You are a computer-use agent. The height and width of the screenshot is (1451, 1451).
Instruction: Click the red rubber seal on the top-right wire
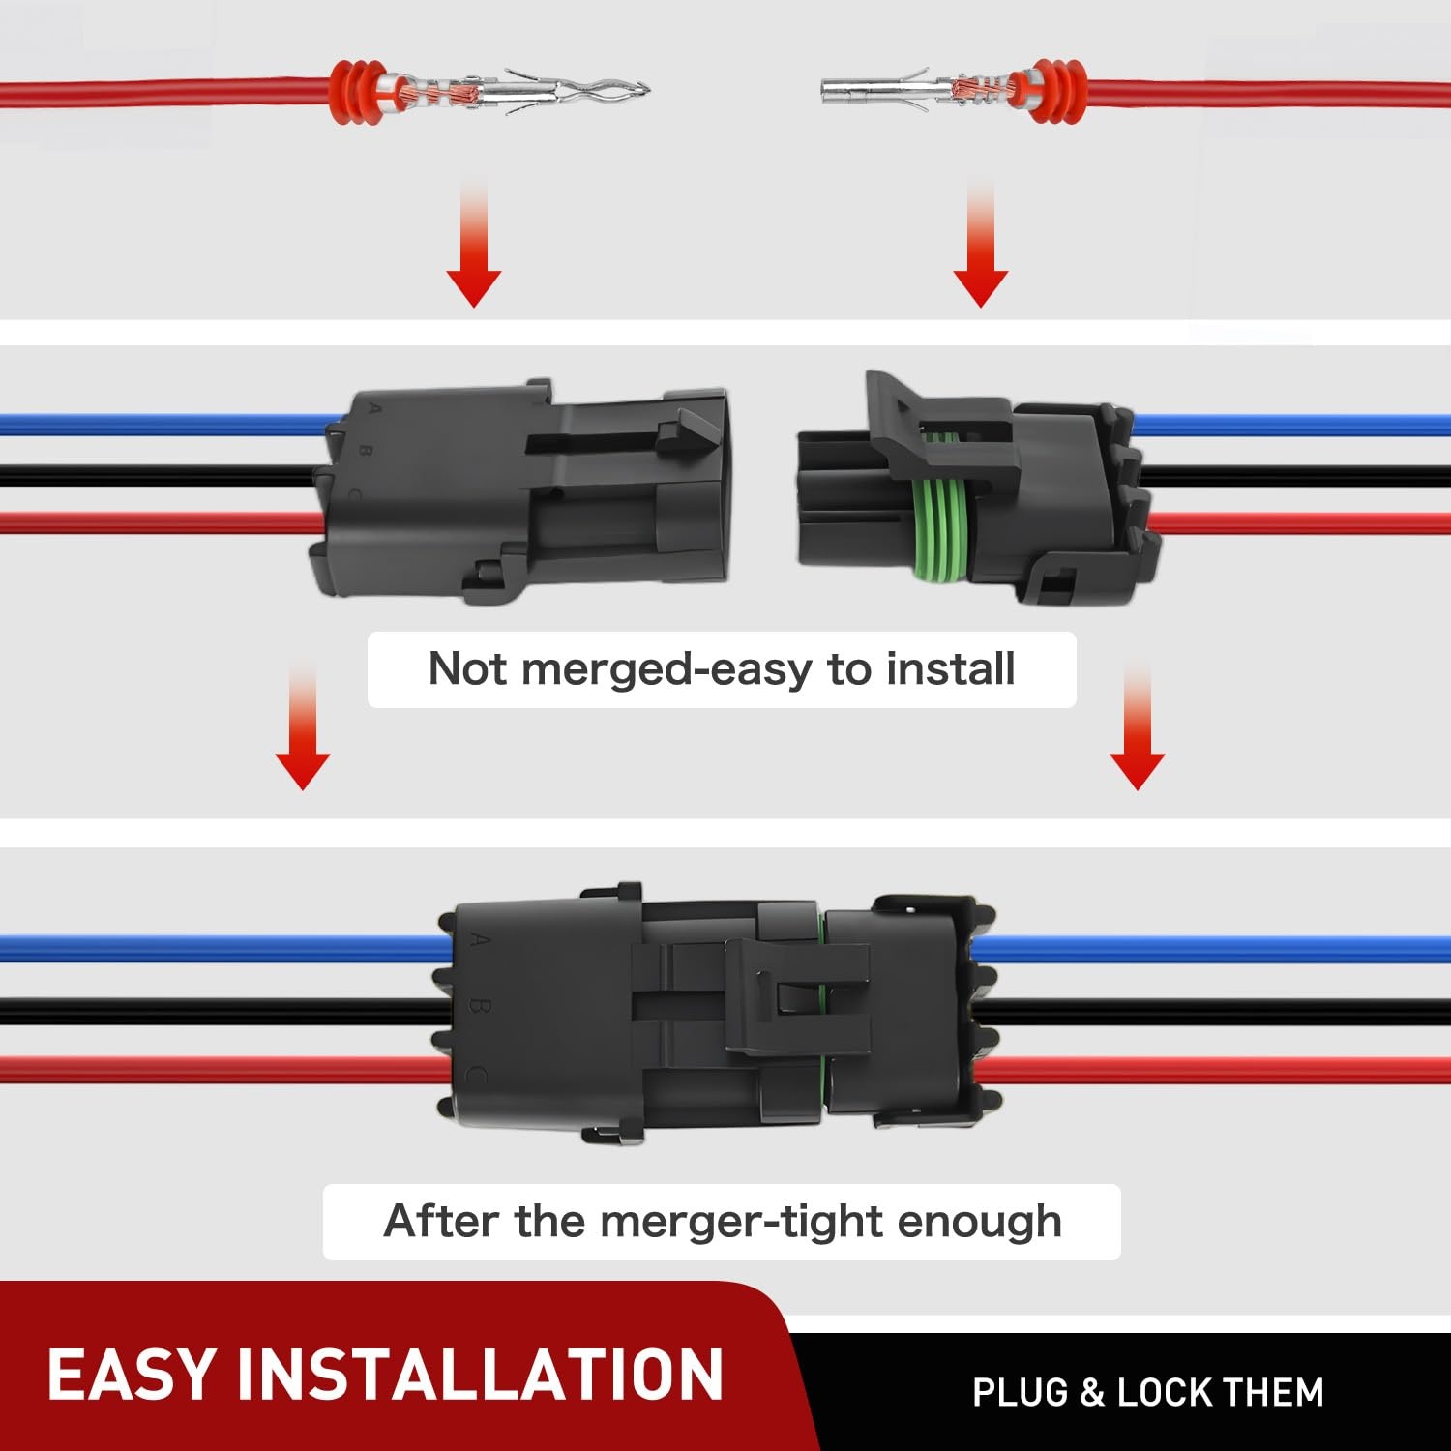[1057, 91]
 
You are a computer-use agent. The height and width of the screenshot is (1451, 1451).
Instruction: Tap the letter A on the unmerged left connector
[375, 410]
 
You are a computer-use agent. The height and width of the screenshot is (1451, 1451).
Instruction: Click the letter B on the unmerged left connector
[366, 451]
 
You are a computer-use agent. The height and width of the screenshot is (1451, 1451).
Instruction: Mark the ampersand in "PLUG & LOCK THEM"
[1092, 1393]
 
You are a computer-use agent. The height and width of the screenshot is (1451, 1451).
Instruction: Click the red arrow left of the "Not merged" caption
[303, 725]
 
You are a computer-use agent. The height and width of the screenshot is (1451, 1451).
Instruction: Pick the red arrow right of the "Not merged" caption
[1137, 725]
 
